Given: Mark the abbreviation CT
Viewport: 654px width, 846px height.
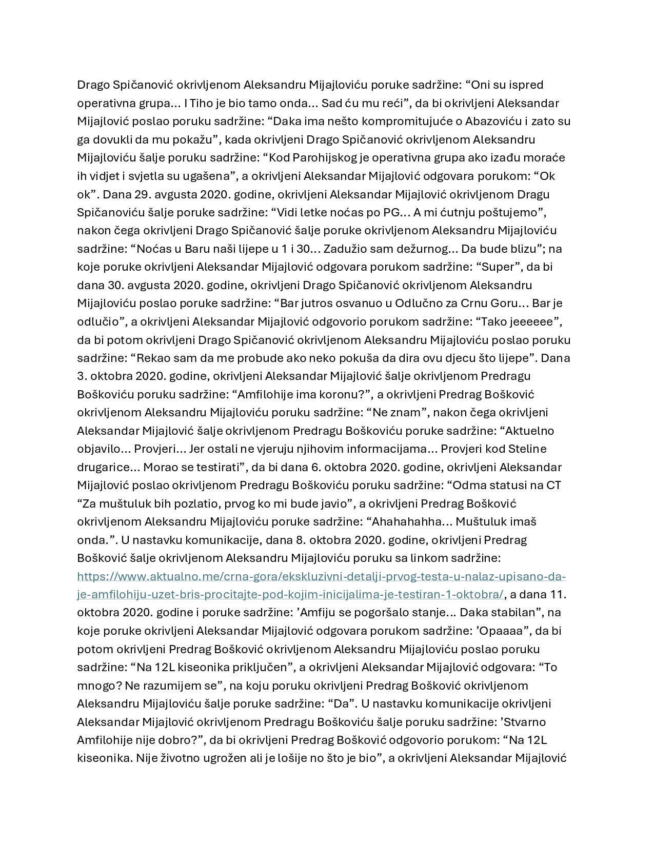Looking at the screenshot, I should (553, 485).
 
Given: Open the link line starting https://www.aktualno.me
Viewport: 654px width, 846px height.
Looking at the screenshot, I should (321, 576).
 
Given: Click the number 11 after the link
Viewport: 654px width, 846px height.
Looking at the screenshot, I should (560, 594).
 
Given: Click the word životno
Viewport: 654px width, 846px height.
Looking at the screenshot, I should (171, 758).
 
